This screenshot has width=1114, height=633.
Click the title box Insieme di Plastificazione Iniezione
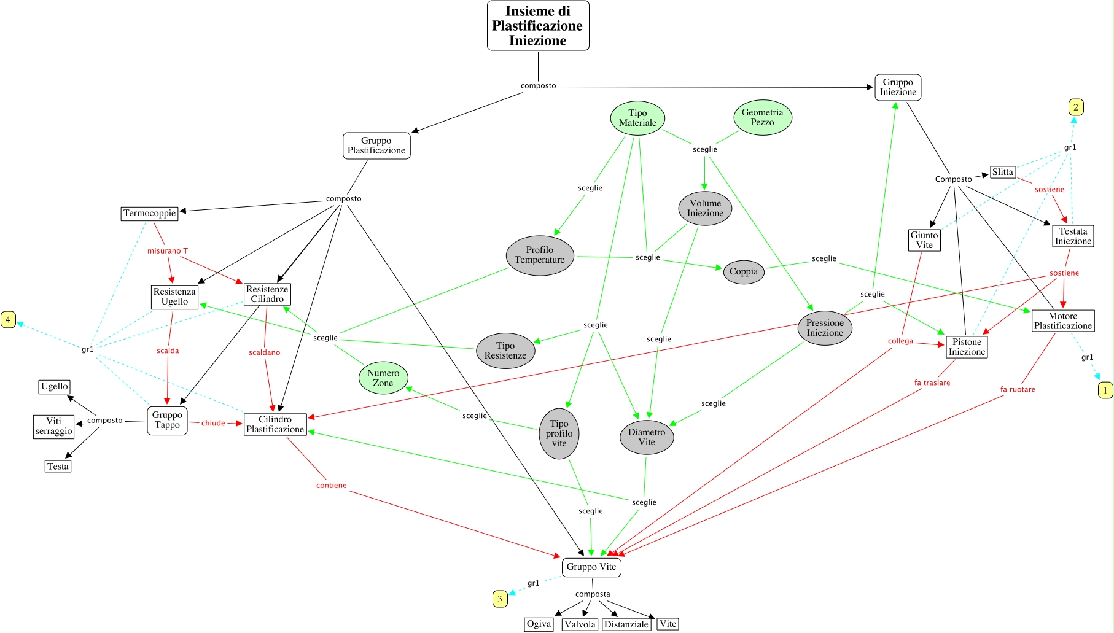click(538, 26)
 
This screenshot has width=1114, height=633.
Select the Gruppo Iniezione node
click(898, 87)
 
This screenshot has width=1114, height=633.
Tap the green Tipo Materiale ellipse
click(637, 118)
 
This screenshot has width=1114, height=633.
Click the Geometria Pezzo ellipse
click(762, 117)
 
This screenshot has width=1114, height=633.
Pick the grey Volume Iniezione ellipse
click(705, 208)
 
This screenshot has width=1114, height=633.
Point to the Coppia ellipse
click(744, 271)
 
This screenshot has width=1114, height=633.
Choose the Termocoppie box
click(150, 214)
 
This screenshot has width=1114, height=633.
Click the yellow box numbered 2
click(1075, 107)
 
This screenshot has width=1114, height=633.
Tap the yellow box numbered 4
click(8, 320)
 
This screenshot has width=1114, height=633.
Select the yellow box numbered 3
click(500, 599)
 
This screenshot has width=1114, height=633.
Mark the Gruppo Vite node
click(591, 567)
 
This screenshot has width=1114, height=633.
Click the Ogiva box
click(539, 624)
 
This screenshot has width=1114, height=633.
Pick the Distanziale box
click(626, 624)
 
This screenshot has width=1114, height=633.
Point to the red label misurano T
click(168, 251)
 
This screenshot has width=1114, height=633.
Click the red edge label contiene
click(332, 486)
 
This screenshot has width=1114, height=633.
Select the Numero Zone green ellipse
click(383, 378)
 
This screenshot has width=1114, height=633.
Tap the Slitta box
click(1002, 173)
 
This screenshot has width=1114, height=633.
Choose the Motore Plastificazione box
click(1063, 321)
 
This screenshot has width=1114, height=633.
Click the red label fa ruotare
click(1018, 390)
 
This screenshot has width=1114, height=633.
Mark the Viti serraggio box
click(54, 426)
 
